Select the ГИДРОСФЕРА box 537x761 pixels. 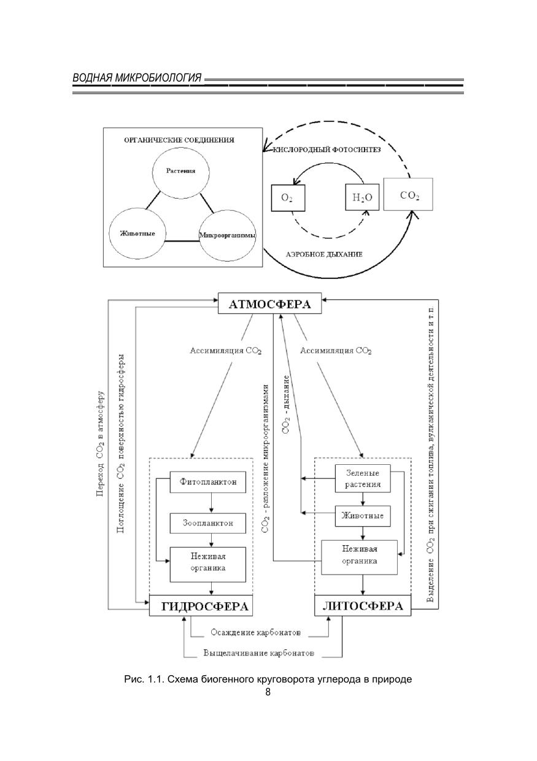pos(201,606)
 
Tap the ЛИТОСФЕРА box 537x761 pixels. pos(363,606)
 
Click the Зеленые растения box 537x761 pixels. pos(361,478)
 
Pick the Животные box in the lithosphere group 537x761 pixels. pos(362,516)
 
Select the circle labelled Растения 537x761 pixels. pos(180,172)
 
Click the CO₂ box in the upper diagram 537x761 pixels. pos(409,195)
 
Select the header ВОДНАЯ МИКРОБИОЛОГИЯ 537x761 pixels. pos(136,78)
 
